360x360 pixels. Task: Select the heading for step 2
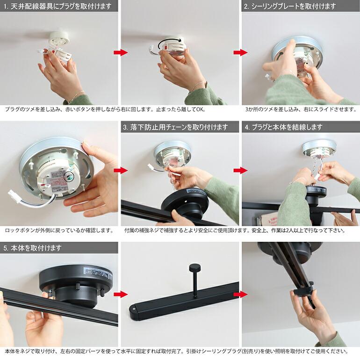click(290, 6)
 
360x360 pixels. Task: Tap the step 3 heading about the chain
click(175, 127)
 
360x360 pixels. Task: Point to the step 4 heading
click(283, 127)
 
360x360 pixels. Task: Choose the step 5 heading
click(32, 248)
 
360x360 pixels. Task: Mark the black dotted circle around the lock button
click(72, 177)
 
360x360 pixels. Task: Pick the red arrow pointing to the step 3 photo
click(121, 170)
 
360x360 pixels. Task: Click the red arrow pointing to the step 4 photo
click(240, 170)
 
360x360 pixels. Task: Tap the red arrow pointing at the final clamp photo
click(240, 294)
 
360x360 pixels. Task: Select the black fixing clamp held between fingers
click(303, 289)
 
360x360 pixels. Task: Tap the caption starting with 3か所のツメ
click(301, 109)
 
